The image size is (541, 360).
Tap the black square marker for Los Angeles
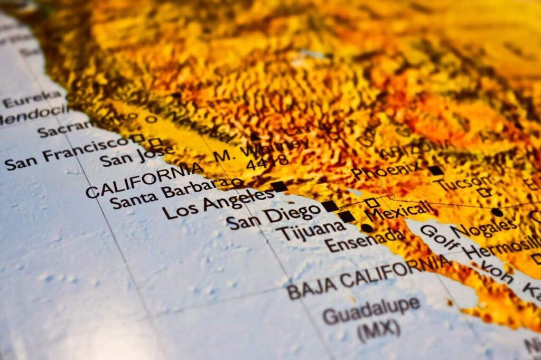[279, 186]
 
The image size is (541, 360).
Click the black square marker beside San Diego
[330, 206]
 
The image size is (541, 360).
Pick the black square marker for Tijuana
[347, 216]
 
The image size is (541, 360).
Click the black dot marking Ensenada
[366, 228]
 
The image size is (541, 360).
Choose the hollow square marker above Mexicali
[372, 202]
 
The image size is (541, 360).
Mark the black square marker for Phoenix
[435, 170]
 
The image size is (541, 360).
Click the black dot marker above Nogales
[497, 212]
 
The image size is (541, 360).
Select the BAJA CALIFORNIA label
[368, 276]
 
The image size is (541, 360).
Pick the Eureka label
[32, 99]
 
